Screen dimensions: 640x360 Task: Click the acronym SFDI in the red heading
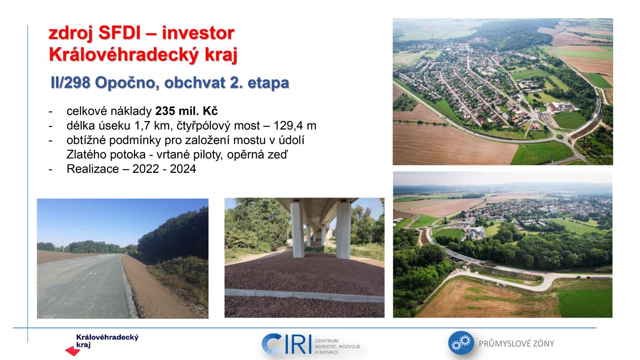click(x=120, y=33)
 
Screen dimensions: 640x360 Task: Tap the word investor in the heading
click(x=198, y=33)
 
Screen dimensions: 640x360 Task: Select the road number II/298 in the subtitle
click(x=70, y=83)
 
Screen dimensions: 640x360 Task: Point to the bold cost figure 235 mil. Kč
click(x=187, y=111)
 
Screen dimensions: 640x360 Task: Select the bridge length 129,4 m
click(x=295, y=126)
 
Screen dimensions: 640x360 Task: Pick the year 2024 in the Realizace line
click(x=183, y=169)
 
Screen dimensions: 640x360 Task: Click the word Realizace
click(x=92, y=169)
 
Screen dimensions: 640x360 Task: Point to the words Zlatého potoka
click(x=106, y=154)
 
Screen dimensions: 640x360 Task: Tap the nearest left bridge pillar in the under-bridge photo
click(x=297, y=229)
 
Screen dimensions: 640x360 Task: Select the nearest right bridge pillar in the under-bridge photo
click(x=343, y=230)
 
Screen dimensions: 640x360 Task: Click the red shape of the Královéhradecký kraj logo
click(x=73, y=351)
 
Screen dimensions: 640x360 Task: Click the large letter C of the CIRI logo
click(x=272, y=344)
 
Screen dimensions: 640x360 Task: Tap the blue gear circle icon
click(x=461, y=343)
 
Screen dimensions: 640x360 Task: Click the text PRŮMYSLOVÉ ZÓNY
click(x=516, y=344)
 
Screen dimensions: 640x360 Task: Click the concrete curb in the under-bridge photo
click(x=304, y=295)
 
